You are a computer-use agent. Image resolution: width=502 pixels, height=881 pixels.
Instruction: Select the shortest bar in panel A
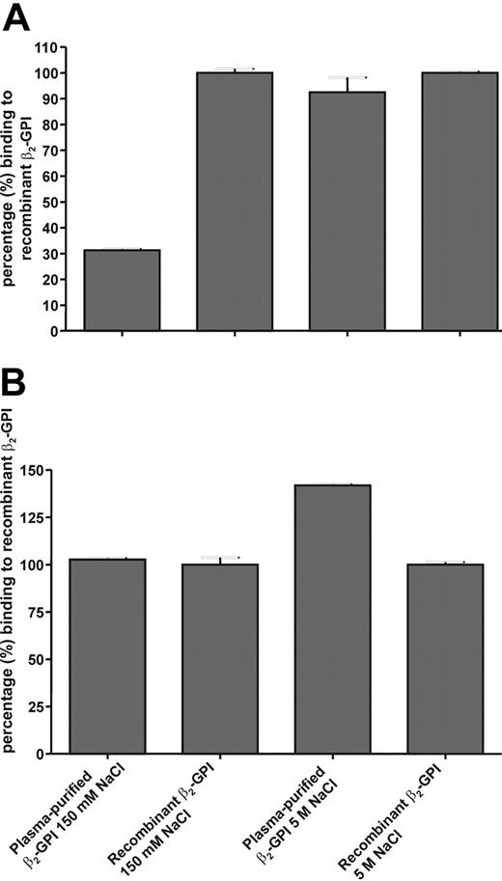122,289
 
